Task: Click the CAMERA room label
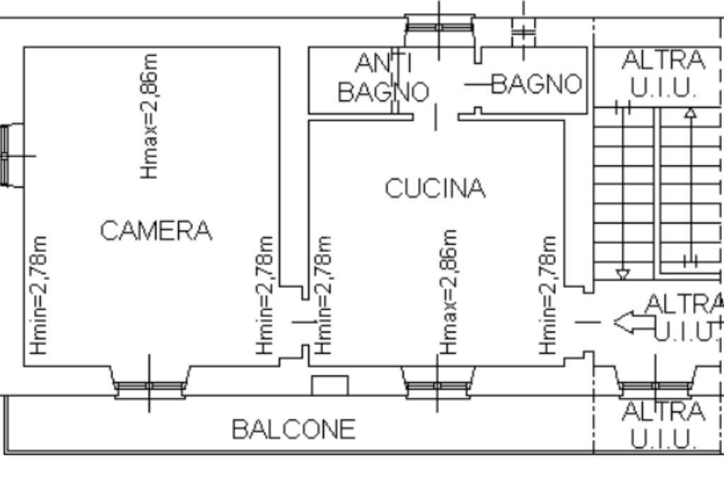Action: point(156,231)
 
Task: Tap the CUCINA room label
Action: point(435,188)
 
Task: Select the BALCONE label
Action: point(293,429)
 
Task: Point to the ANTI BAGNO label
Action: point(383,77)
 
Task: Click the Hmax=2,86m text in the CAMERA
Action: point(150,116)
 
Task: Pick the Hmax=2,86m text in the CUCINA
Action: point(448,292)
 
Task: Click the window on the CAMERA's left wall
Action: point(12,156)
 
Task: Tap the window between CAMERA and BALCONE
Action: point(150,383)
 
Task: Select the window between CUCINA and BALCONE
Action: point(438,383)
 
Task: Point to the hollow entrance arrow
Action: point(634,322)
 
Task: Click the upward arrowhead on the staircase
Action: point(691,112)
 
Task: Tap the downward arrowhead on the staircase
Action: point(623,275)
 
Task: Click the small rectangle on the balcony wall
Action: point(329,385)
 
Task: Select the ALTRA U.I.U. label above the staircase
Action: point(663,74)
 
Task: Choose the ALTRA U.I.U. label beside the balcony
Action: point(663,425)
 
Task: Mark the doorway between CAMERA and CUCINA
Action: point(305,322)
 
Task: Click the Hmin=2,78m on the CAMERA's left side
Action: point(39,296)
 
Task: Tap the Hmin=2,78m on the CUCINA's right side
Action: point(548,296)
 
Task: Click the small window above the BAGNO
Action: point(524,31)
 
